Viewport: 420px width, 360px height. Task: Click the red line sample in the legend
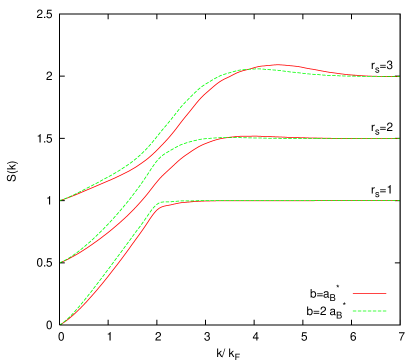pyautogui.click(x=369, y=293)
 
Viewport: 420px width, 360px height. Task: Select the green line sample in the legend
pyautogui.click(x=369, y=311)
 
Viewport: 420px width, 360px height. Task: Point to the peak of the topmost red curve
pyautogui.click(x=278, y=65)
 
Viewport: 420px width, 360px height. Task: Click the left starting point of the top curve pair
pyautogui.click(x=61, y=200)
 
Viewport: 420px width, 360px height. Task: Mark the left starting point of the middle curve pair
pyautogui.click(x=61, y=262)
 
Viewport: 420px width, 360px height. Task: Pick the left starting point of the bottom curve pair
pyautogui.click(x=61, y=324)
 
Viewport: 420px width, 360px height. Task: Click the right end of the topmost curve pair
pyautogui.click(x=399, y=76)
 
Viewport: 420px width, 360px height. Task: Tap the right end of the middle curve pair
pyautogui.click(x=399, y=138)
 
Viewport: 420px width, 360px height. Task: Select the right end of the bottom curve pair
pyautogui.click(x=399, y=200)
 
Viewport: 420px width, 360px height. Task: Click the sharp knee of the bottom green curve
pyautogui.click(x=160, y=203)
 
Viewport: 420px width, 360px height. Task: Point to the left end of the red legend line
pyautogui.click(x=353, y=293)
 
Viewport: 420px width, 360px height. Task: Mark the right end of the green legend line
pyautogui.click(x=386, y=311)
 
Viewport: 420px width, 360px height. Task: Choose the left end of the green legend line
pyautogui.click(x=353, y=311)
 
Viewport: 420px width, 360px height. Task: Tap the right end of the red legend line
pyautogui.click(x=386, y=293)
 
